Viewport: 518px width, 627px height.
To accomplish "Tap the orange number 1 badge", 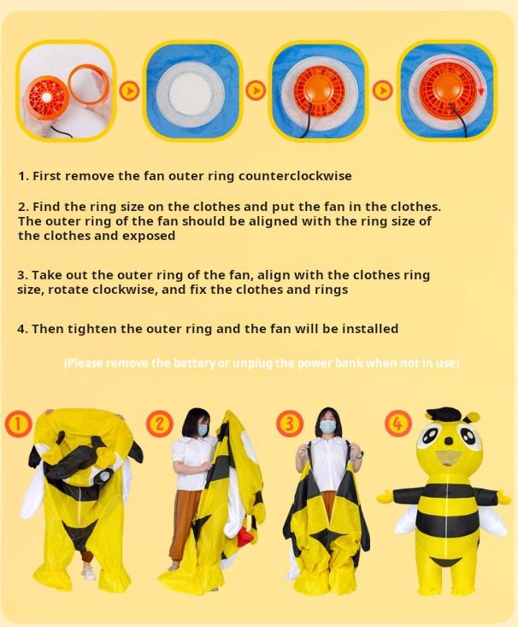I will (18, 423).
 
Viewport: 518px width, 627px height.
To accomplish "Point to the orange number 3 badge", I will (290, 423).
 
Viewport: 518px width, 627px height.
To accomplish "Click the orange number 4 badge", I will (397, 423).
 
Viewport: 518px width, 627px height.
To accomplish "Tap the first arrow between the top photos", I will (129, 91).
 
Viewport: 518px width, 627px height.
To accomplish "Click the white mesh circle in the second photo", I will (191, 91).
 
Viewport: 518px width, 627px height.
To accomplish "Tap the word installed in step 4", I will (369, 329).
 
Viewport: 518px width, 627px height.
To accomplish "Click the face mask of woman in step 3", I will (328, 425).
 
